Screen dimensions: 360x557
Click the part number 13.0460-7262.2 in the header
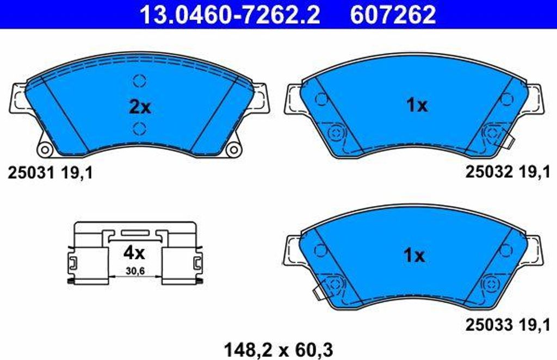tap(230, 15)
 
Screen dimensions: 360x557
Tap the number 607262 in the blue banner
tap(393, 15)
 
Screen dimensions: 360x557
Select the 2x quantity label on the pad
tap(140, 107)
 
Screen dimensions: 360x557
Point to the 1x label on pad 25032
tap(417, 105)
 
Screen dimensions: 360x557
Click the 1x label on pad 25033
tap(414, 255)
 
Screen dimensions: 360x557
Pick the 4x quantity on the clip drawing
tap(134, 252)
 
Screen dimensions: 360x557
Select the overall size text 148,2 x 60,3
tap(278, 347)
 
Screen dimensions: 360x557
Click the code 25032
tap(489, 172)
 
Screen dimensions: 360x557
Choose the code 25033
tap(489, 325)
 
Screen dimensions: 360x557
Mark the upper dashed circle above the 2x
tap(140, 81)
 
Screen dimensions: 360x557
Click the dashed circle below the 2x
tap(140, 128)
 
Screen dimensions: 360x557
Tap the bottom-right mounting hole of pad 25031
tap(234, 150)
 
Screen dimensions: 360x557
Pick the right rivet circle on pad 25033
tap(491, 283)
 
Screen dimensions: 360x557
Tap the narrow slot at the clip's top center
tap(134, 232)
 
